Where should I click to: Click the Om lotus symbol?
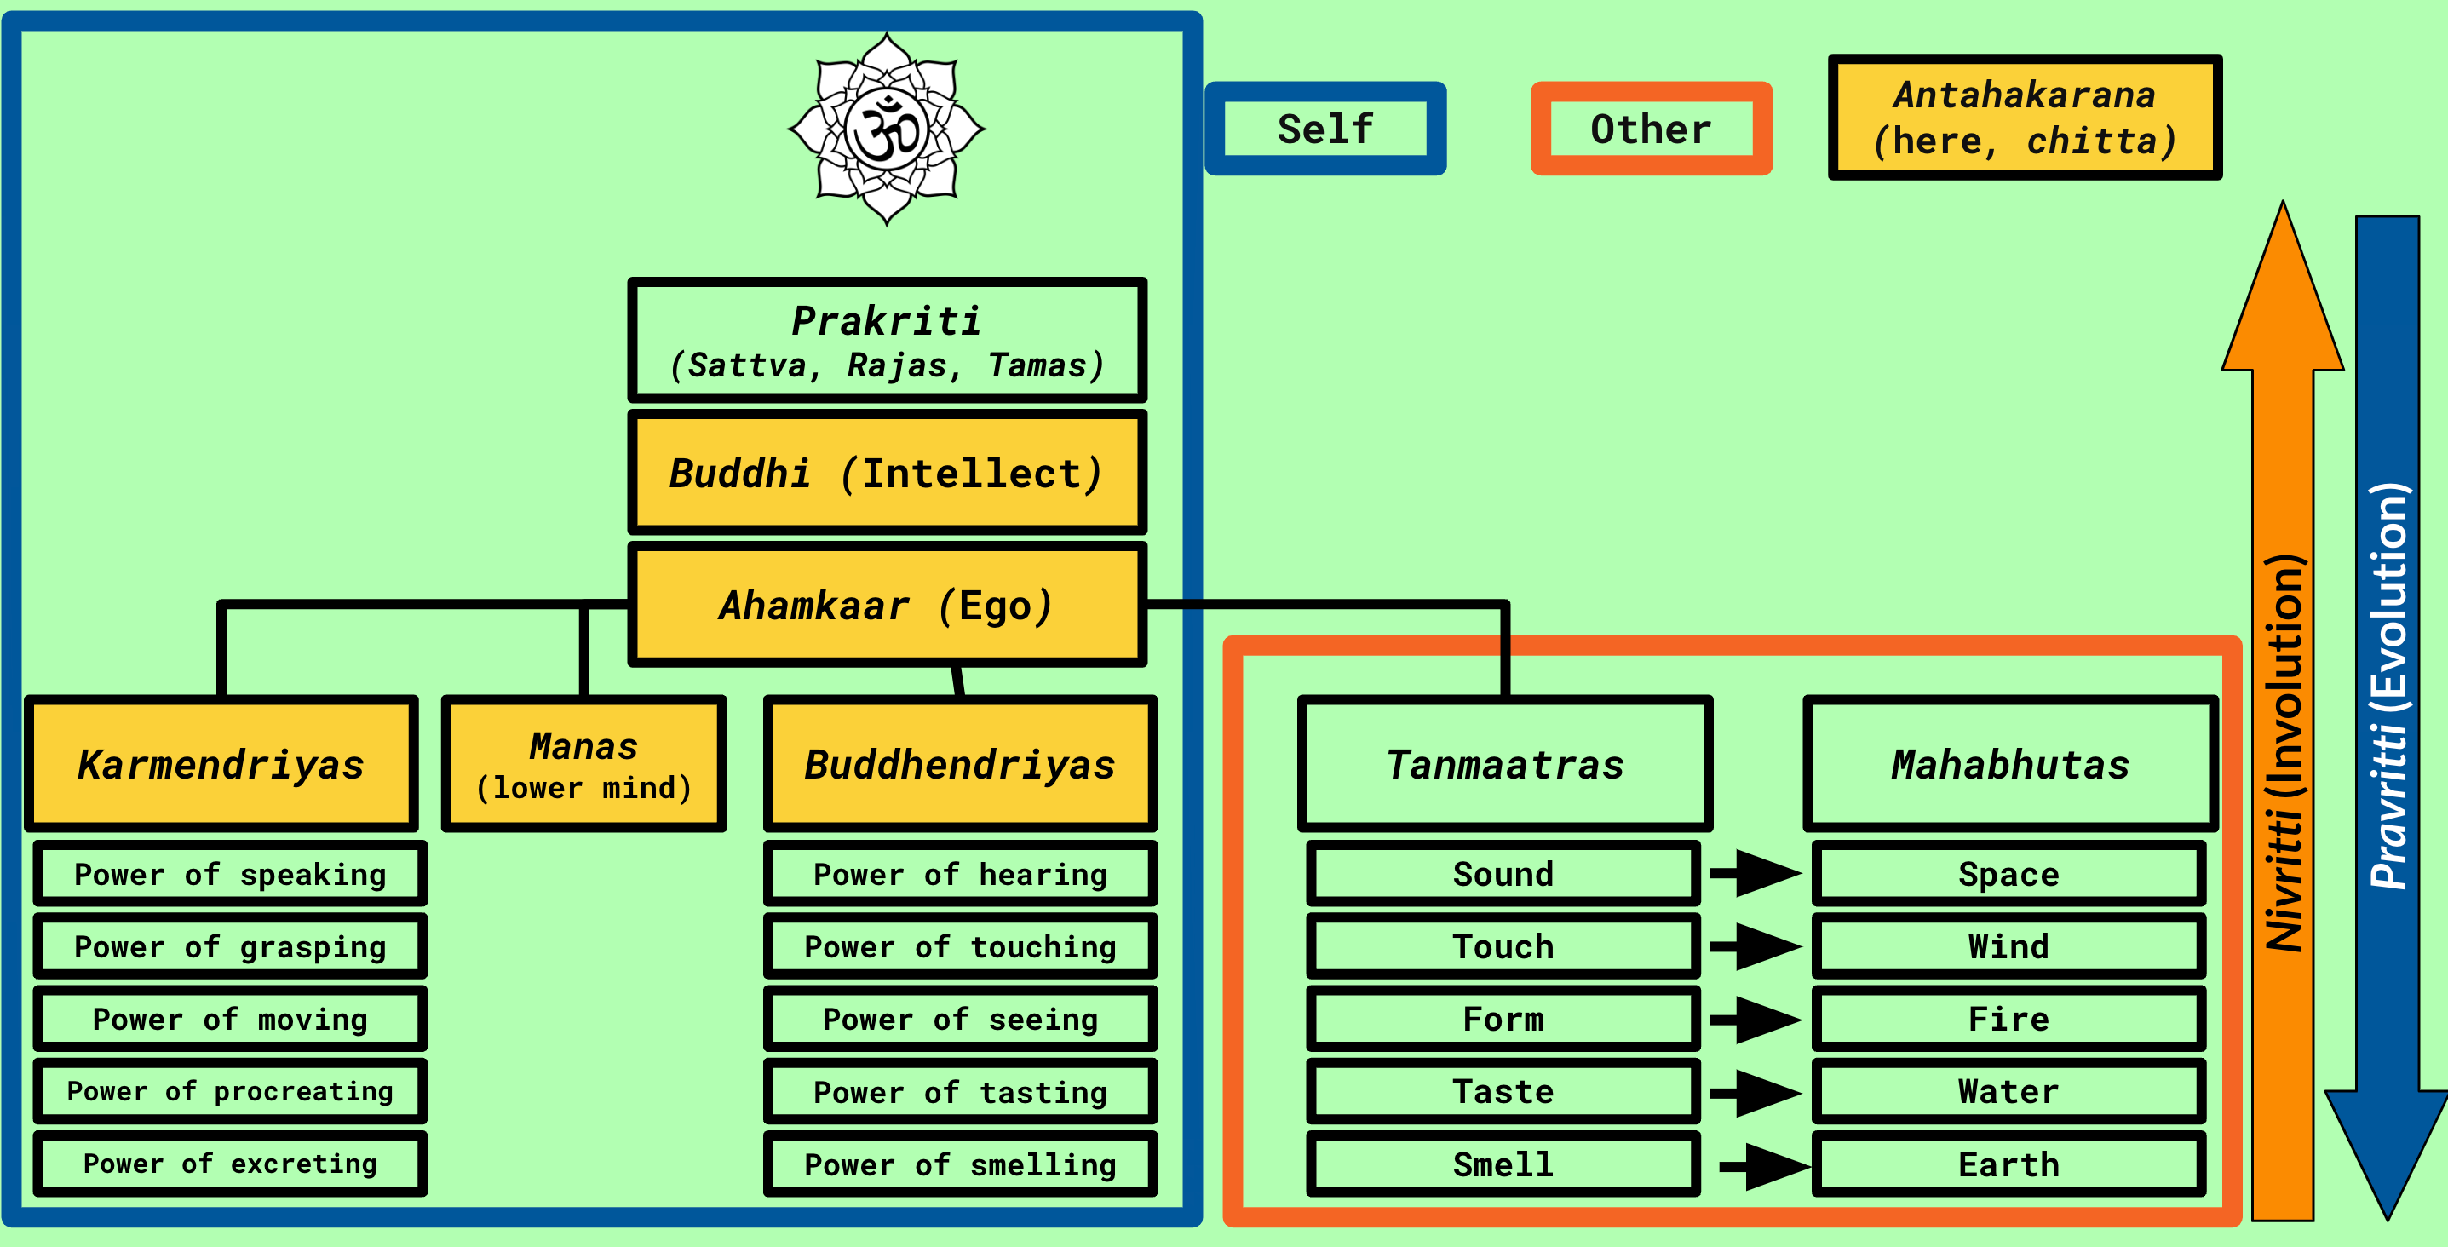[x=887, y=129]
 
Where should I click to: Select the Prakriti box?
[x=887, y=340]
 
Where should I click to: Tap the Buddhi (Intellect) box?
[x=887, y=473]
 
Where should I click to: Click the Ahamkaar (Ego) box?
[x=887, y=605]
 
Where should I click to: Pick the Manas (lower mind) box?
[x=583, y=764]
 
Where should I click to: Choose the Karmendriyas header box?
[x=221, y=764]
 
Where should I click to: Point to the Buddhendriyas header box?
[x=960, y=764]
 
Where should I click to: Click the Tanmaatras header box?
[x=1504, y=764]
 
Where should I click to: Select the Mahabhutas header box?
[x=2010, y=764]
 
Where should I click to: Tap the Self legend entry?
[x=1325, y=129]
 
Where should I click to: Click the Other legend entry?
[x=1651, y=129]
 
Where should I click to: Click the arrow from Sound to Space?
[x=1756, y=872]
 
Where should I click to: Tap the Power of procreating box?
[x=230, y=1091]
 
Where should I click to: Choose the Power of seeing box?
[x=960, y=1019]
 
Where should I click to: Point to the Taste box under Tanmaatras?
[x=1503, y=1091]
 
